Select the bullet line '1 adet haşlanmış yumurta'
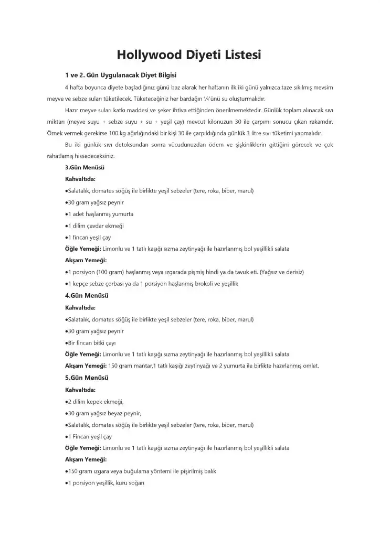(99, 214)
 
